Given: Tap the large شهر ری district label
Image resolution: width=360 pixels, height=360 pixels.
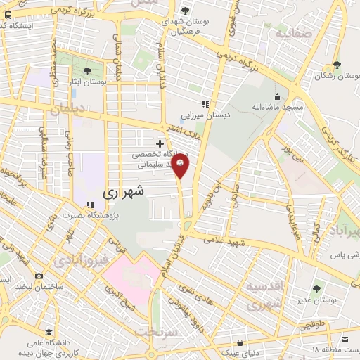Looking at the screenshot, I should point(123,191).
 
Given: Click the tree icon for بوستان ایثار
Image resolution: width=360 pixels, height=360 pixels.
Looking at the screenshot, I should point(87,71).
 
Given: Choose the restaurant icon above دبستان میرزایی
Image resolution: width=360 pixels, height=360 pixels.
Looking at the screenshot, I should point(205,104).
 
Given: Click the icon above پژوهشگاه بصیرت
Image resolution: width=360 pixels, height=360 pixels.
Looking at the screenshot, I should point(90,205).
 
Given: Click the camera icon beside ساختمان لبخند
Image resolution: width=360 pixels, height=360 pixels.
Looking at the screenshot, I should point(39,276).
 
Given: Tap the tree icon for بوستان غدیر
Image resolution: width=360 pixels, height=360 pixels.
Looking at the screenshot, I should point(316,288).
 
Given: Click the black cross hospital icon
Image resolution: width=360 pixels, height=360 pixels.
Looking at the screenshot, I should point(160,143).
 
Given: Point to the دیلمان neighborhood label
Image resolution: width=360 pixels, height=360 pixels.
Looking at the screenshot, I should point(68,110).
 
